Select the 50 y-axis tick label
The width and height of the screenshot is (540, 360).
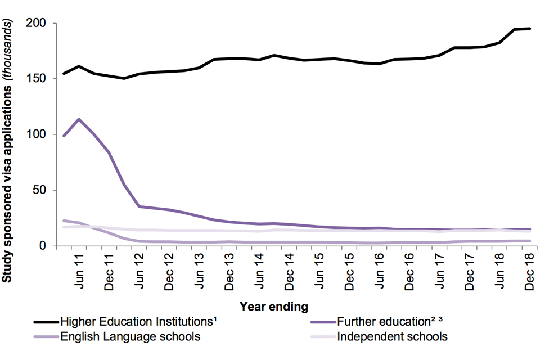point(45,190)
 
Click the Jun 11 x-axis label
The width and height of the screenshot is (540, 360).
point(79,270)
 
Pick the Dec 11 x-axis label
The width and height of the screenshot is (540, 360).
point(109,271)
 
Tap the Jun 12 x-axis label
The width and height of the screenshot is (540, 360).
point(139,270)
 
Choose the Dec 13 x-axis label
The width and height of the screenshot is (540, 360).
point(229,271)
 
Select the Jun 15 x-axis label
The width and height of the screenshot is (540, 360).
point(319,270)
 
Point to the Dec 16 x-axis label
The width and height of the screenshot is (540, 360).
point(409,271)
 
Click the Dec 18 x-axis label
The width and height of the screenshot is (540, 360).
point(530,271)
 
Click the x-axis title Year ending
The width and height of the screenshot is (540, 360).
point(274,307)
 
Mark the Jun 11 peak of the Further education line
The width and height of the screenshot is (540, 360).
point(79,119)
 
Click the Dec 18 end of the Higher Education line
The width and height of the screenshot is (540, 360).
point(530,29)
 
